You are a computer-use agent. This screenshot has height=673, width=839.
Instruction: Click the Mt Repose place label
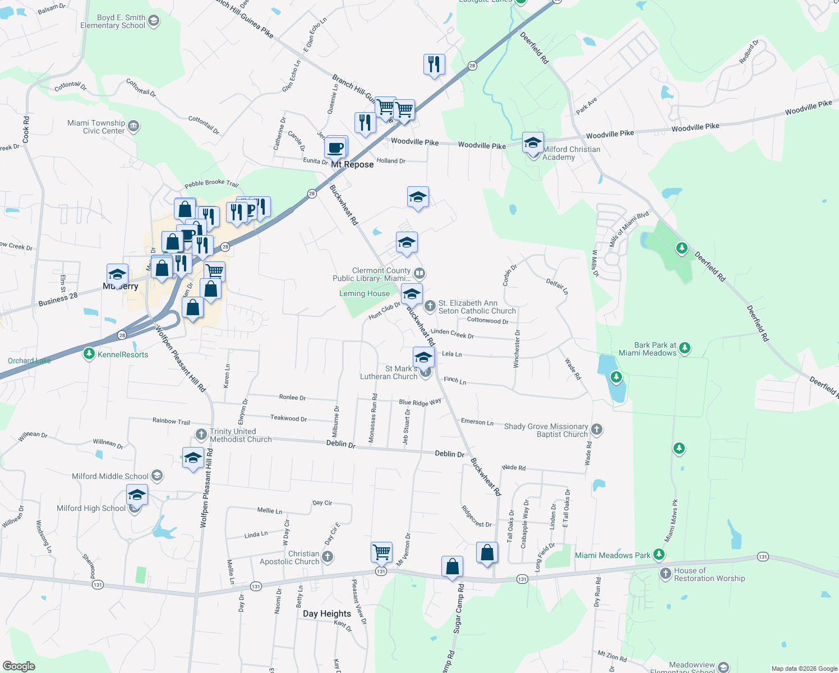coord(352,164)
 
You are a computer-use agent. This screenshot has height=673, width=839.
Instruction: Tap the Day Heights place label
coord(327,614)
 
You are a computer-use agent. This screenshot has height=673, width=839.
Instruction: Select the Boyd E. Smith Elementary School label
coord(113,22)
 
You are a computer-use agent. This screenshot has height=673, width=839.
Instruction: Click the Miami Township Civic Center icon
coord(133,126)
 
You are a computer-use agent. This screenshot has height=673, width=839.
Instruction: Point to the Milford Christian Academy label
coord(571,153)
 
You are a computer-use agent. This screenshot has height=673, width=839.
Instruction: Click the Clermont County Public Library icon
coord(419,274)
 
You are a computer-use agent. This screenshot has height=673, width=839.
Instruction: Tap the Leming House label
coord(365,293)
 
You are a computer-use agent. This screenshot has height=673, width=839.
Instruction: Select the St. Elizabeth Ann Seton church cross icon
coord(430,306)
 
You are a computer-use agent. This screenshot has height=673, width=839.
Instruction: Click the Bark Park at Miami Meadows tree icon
coord(684,348)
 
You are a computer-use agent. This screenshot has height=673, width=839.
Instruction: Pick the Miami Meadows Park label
coord(612,555)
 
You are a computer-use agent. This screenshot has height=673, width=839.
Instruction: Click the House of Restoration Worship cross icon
coord(666,573)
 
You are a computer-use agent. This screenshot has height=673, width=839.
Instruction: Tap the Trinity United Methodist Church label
coord(241,435)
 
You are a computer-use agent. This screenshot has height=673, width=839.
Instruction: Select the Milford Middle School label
coord(110,476)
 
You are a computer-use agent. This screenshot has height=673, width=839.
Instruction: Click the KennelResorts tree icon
coord(89,354)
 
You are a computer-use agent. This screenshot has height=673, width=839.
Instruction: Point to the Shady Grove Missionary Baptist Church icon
coord(597,430)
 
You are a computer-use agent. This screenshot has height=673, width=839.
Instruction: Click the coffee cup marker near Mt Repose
coord(336,147)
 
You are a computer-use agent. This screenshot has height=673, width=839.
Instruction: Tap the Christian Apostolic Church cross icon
coord(328,556)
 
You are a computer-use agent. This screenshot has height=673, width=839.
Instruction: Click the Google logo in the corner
coord(19,666)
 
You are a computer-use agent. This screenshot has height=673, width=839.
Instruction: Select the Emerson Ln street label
coord(477,422)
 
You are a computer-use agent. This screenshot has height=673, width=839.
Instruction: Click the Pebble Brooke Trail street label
coord(211,183)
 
